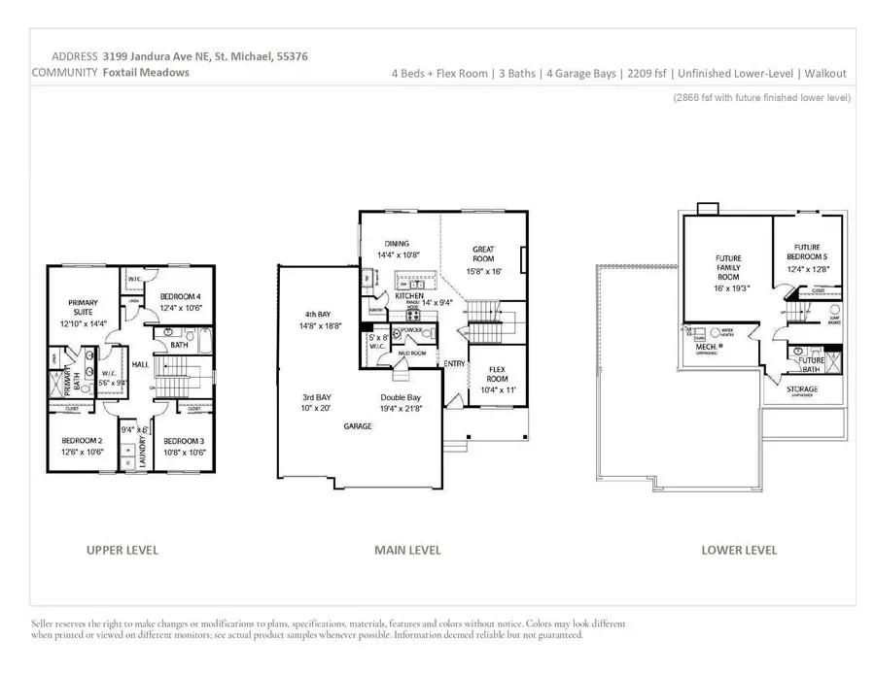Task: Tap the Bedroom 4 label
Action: point(180,296)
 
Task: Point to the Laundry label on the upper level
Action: point(142,448)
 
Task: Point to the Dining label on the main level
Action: point(397,244)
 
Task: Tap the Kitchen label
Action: point(408,294)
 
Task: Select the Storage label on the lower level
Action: point(802,388)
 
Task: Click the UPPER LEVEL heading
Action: point(122,550)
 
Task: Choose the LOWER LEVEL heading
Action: point(739,550)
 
